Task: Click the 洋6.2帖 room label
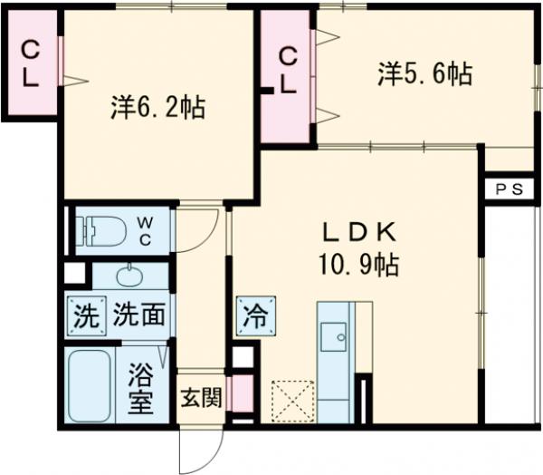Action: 157,110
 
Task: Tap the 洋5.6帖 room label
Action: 424,74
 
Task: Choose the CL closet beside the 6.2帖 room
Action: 30,63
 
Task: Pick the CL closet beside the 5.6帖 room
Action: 287,72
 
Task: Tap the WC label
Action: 145,229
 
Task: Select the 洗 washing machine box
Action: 84,317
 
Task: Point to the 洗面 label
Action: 140,317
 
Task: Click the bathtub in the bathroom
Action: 90,383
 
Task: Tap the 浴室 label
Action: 140,385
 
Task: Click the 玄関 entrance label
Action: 199,397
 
